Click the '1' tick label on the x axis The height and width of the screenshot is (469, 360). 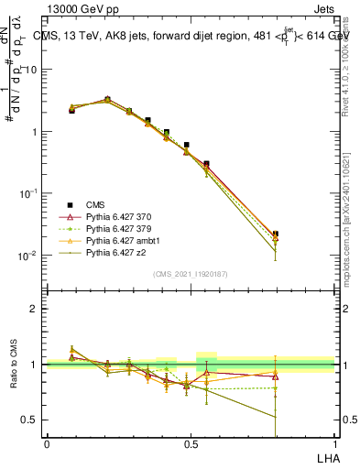(x=333, y=442)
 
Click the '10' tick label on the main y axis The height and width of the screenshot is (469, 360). (x=30, y=70)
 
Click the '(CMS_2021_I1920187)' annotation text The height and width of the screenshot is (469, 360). (x=190, y=274)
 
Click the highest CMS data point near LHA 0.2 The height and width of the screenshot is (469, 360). (x=107, y=99)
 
